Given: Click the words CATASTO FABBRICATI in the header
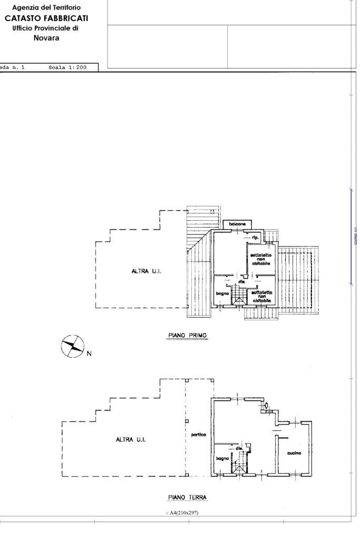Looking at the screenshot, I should tap(46, 18).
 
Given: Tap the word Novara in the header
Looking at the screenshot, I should tap(46, 38).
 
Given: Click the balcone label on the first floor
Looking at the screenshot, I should tap(237, 224).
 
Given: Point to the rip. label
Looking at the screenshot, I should tap(255, 238).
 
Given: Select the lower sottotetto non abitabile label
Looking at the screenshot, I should tap(261, 296).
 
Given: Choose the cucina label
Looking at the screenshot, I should tap(294, 454).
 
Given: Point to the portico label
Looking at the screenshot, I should tap(198, 435).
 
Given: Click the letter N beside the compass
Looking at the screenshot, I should tap(89, 354).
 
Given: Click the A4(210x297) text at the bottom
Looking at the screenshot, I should tap(182, 513).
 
